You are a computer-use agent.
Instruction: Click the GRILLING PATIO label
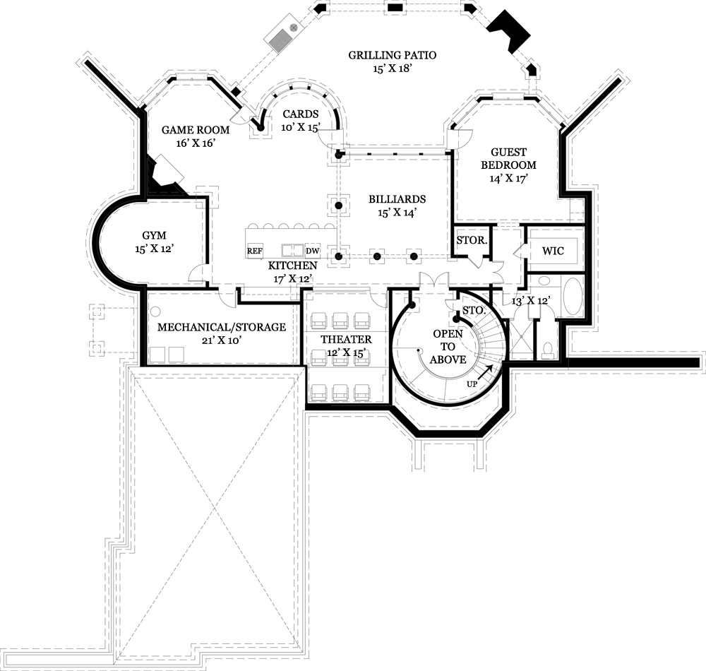coord(393,55)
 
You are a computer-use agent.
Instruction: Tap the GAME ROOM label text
coord(186,130)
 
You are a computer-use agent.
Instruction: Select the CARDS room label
coord(300,114)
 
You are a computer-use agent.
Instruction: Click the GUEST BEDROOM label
coord(508,158)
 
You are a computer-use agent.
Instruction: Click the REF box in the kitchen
coord(254,251)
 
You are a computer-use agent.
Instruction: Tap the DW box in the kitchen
coord(313,251)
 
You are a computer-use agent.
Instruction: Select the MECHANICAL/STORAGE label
coord(221,327)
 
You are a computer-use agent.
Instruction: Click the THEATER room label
coord(346,340)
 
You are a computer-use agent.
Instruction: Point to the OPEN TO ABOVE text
coord(448,346)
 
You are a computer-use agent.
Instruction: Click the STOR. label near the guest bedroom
coord(471,240)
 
